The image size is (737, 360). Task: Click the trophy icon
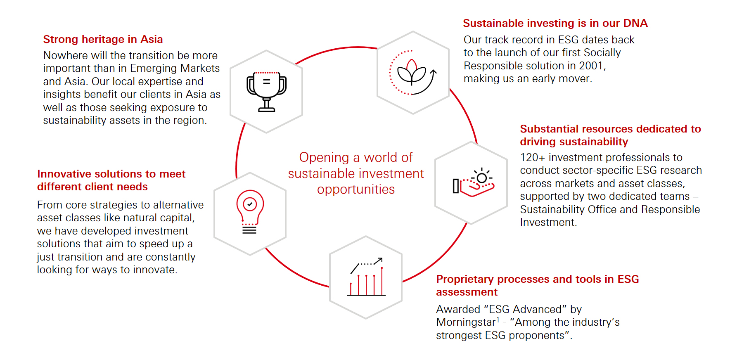pyautogui.click(x=266, y=92)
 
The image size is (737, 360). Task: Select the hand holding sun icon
pyautogui.click(x=473, y=183)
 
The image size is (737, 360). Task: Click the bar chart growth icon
pyautogui.click(x=366, y=277)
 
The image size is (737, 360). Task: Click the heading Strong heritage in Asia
pyautogui.click(x=103, y=39)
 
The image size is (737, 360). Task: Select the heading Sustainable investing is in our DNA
pyautogui.click(x=555, y=23)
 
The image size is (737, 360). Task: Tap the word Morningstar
pyautogui.click(x=466, y=322)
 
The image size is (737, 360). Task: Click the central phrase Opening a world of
pyautogui.click(x=355, y=157)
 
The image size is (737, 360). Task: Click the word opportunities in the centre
pyautogui.click(x=355, y=189)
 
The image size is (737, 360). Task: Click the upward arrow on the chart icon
pyautogui.click(x=378, y=261)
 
